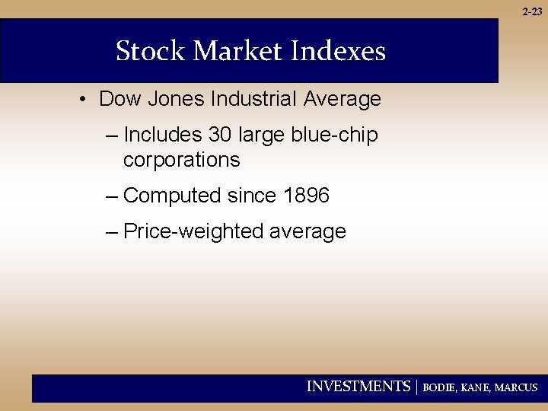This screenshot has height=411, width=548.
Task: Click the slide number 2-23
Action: coord(533,11)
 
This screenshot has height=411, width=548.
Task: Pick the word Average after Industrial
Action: coord(342,99)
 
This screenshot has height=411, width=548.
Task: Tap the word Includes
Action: coord(162,135)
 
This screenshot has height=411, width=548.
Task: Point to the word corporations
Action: coord(181,161)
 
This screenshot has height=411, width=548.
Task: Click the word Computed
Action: coord(171,196)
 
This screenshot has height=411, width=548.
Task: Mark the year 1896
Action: coord(306,196)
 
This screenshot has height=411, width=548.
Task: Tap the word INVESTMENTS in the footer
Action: coord(358,387)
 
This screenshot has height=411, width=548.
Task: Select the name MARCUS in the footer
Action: coord(516,387)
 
